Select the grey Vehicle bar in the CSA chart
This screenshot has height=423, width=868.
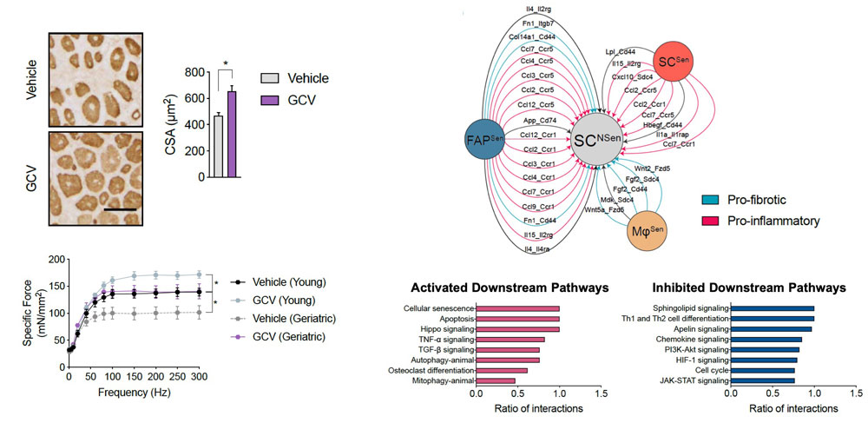[x=219, y=146]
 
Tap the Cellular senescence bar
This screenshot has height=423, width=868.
[x=517, y=308]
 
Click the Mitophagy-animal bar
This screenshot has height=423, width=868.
[x=495, y=380]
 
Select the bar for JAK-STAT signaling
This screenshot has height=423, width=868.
[x=762, y=380]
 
